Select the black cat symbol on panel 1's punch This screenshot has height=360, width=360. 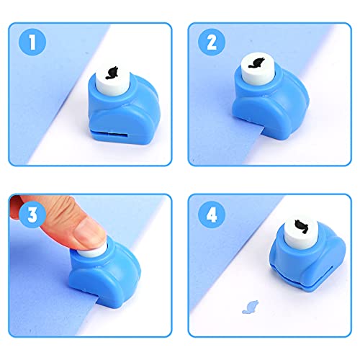coord(112,73)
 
